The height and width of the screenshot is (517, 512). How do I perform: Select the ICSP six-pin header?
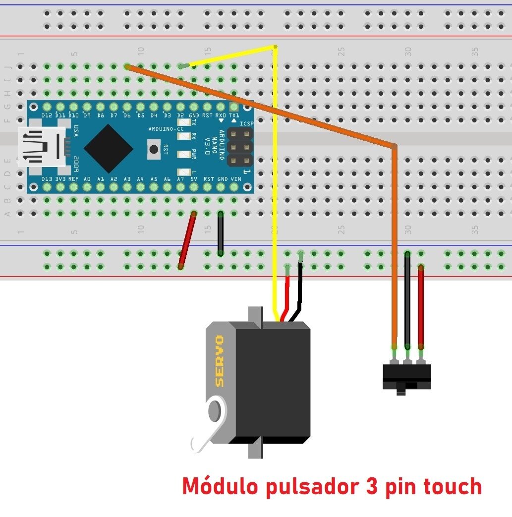point(239,148)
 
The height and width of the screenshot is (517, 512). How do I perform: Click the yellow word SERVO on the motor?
point(219,361)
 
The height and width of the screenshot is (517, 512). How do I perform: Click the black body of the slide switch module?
point(407,377)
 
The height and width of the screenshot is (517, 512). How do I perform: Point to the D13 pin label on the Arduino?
point(47,179)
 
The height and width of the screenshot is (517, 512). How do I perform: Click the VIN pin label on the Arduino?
point(236,179)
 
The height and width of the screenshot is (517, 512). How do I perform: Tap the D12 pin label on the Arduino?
point(47,115)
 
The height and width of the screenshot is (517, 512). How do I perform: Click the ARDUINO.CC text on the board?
point(166,129)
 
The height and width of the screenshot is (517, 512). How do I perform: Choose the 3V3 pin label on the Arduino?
point(60,179)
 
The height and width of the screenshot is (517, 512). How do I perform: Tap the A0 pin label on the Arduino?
point(87,179)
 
